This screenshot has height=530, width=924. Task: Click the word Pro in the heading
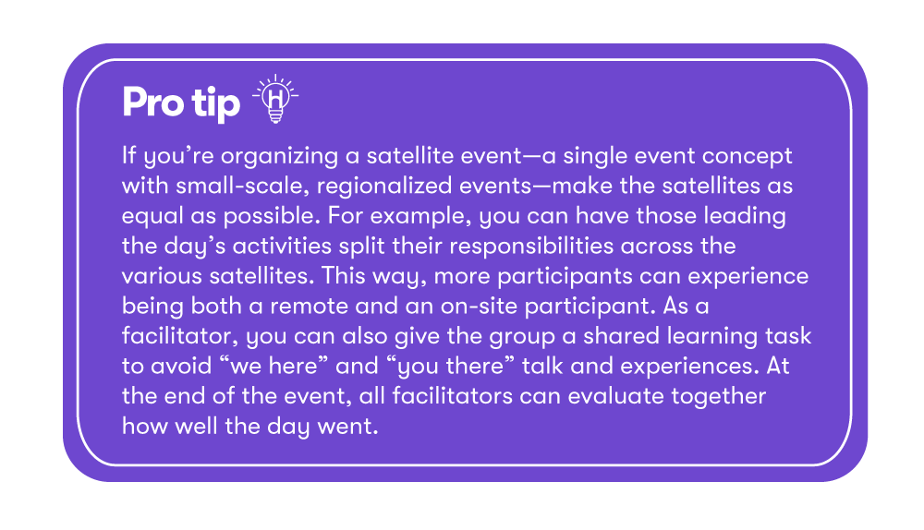(x=153, y=102)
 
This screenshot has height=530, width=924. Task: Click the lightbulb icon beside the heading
(x=275, y=99)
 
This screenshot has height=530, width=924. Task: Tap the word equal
(x=152, y=216)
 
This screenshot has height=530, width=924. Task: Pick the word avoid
(x=181, y=367)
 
